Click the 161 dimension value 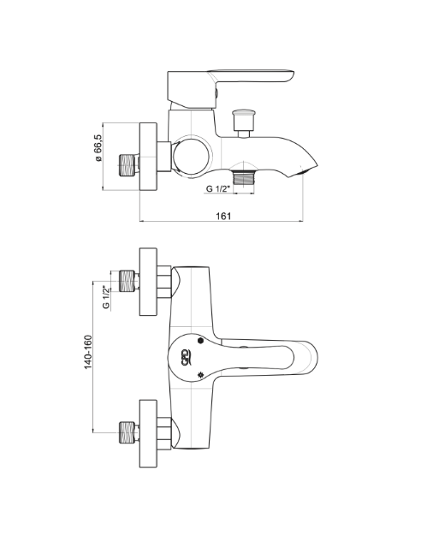[x=223, y=216]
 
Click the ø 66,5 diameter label [x=98, y=147]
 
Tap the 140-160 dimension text [x=88, y=352]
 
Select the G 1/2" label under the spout [x=217, y=188]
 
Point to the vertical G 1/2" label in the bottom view [x=107, y=297]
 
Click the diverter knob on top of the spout [x=243, y=123]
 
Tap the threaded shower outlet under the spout [x=244, y=177]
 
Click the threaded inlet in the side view [x=128, y=166]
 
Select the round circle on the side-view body [x=193, y=157]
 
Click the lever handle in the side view [x=231, y=90]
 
